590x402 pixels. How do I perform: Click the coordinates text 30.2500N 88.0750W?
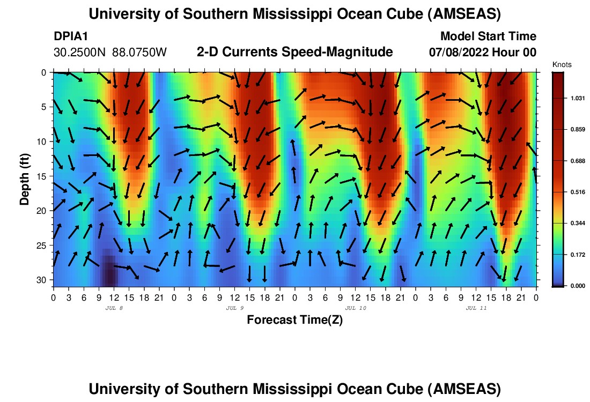[x=110, y=53]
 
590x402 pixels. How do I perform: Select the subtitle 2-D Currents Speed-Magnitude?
[x=295, y=52]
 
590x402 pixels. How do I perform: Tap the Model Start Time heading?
[x=488, y=36]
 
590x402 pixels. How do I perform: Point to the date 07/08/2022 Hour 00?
[x=482, y=53]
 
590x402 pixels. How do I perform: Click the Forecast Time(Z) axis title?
[x=294, y=320]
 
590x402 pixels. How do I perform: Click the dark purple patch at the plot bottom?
[x=109, y=273]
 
